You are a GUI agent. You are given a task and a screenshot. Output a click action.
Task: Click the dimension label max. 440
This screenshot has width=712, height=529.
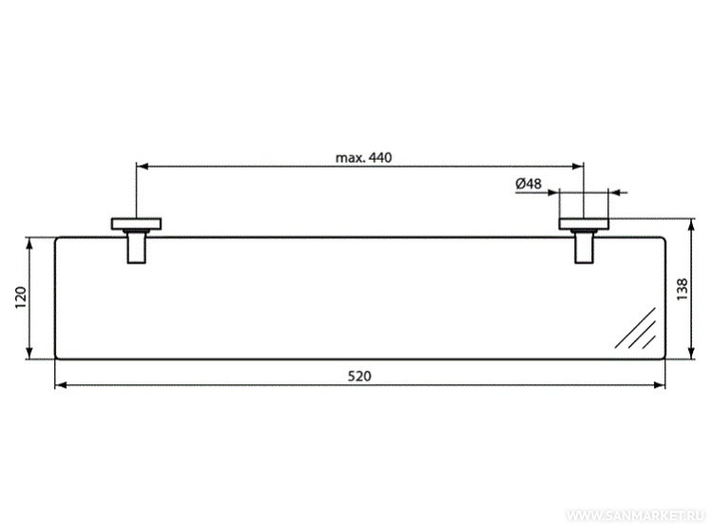(363, 158)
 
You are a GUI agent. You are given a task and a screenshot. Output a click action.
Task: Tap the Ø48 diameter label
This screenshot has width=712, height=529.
(529, 184)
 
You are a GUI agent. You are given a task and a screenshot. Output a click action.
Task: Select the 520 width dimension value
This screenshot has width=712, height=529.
(359, 376)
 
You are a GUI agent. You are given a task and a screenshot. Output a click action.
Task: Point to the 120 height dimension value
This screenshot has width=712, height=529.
(21, 298)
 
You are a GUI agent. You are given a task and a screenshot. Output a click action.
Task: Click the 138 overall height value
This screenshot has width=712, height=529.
(682, 289)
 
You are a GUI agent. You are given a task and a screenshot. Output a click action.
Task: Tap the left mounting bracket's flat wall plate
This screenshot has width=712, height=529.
(136, 224)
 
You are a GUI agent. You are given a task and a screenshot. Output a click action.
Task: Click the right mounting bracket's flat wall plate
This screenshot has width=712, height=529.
(584, 224)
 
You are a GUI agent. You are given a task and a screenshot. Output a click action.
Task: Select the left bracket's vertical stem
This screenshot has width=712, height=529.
(136, 247)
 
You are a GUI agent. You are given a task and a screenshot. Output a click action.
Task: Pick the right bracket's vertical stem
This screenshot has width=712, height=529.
(584, 247)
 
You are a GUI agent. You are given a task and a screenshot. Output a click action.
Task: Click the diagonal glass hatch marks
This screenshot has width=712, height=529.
(636, 328)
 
